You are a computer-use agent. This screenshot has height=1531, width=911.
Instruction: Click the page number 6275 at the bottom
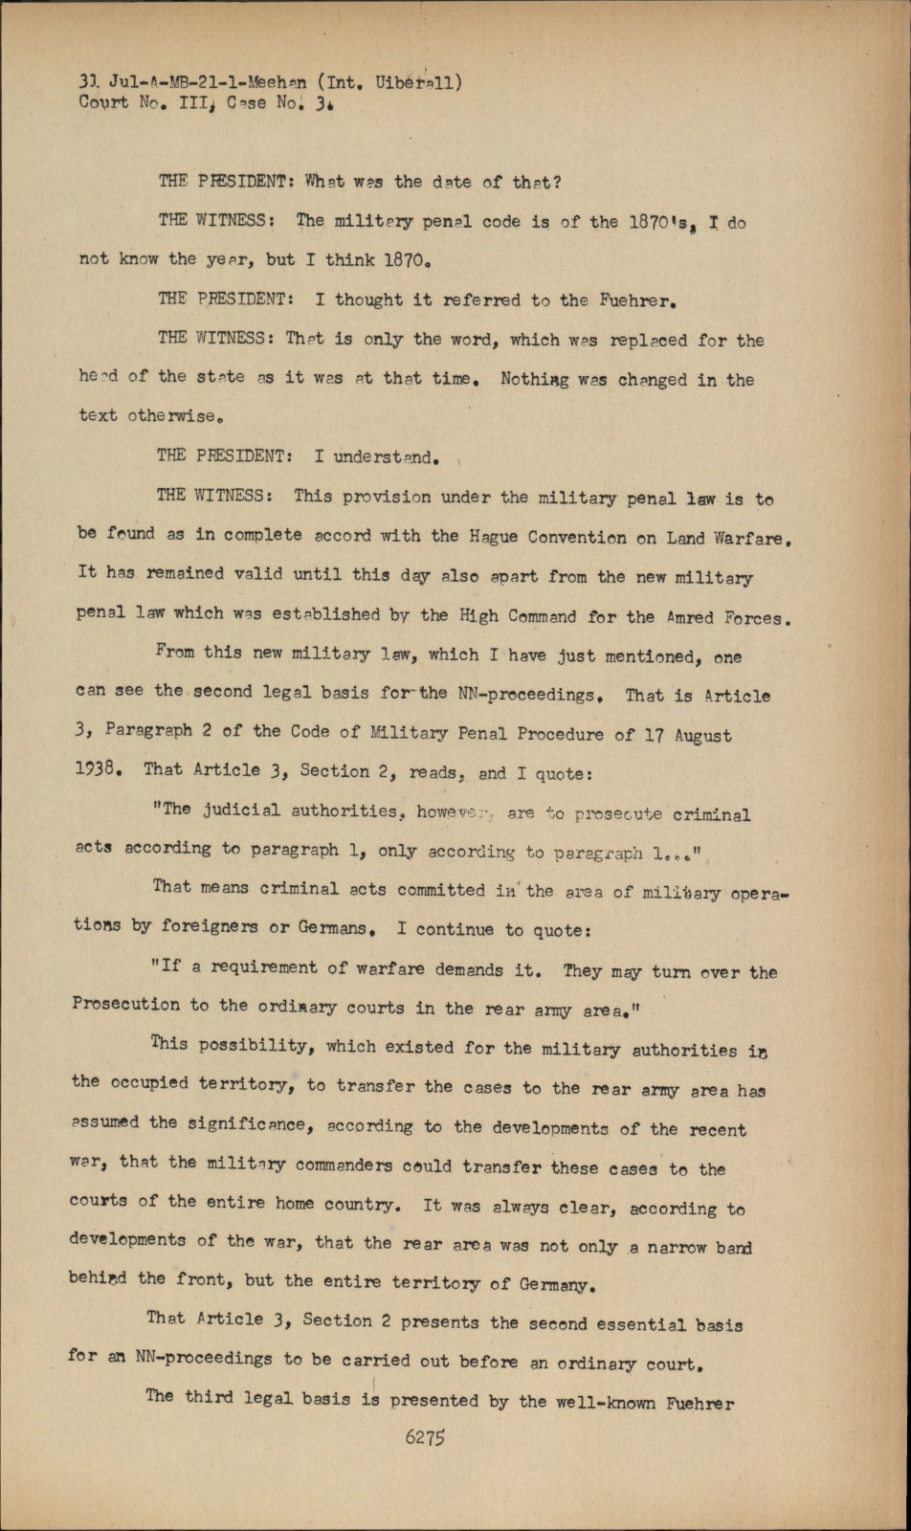(427, 1436)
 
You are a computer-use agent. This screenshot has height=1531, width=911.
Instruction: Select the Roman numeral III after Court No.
(193, 102)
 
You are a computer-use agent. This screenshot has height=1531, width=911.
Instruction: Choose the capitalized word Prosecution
(126, 1005)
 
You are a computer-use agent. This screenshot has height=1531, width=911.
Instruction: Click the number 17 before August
(654, 736)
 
